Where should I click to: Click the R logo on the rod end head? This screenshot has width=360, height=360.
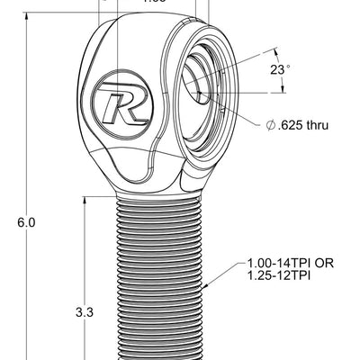click(x=123, y=107)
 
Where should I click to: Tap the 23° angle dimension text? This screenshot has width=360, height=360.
click(x=280, y=69)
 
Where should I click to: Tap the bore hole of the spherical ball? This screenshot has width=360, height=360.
click(x=200, y=86)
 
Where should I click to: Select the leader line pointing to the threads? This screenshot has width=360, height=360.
click(x=225, y=275)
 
